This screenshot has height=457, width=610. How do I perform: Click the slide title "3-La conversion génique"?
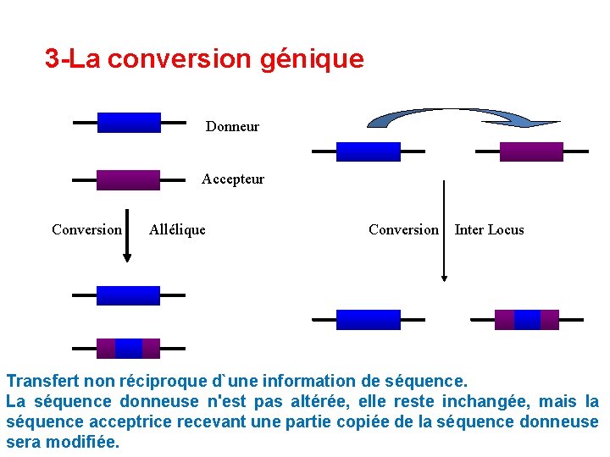tap(204, 59)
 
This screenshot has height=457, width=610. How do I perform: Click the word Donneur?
tap(232, 127)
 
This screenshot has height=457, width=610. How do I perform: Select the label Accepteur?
tap(233, 179)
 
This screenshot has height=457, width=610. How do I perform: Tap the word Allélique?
tap(177, 229)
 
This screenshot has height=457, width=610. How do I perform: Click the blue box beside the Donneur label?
tap(129, 123)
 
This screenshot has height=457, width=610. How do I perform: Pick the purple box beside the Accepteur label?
tap(128, 179)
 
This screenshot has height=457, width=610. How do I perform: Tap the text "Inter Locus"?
tap(489, 230)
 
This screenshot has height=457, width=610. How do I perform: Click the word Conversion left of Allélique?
tap(86, 229)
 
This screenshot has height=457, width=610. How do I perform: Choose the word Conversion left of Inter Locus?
tap(403, 230)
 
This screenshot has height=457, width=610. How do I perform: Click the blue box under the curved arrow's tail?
tap(368, 151)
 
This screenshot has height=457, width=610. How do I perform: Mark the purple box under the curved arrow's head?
tap(531, 151)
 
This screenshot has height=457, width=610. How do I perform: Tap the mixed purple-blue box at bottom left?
tap(128, 348)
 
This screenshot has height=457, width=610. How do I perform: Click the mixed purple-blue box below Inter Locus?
tap(527, 319)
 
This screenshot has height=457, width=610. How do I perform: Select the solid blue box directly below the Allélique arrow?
tap(128, 295)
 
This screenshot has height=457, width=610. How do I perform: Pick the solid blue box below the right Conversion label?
tap(368, 319)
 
